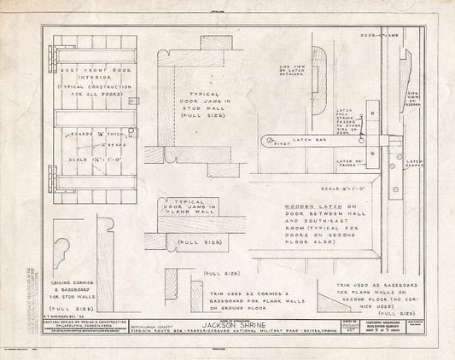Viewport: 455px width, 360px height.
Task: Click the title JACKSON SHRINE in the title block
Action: pyautogui.click(x=229, y=325)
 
